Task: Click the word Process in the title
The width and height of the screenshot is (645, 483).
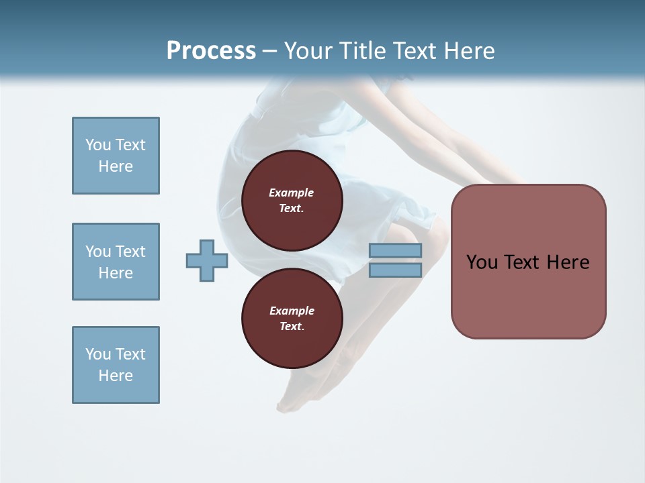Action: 211,51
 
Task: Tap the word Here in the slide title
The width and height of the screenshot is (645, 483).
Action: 469,51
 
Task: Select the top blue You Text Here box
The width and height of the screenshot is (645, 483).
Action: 116,156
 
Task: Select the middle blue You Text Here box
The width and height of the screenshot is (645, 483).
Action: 116,262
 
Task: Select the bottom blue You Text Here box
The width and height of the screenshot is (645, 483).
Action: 116,365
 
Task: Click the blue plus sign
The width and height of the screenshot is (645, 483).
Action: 207,261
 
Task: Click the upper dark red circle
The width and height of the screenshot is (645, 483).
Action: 292,201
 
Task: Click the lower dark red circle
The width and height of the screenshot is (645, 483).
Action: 292,319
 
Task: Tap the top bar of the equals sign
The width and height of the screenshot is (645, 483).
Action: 395,250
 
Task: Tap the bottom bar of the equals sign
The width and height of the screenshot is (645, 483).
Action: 395,270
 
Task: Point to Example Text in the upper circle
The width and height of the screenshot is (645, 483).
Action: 292,201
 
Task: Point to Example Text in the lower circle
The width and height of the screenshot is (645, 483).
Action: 292,319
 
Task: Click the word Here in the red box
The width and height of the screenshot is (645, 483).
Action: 568,262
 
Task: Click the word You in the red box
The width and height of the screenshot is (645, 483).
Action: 482,262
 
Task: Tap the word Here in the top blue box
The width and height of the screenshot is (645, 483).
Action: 116,166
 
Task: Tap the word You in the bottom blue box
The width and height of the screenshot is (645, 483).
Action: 98,354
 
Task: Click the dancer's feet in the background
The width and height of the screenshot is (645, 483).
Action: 296,399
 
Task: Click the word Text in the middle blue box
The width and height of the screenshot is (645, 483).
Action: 130,252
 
